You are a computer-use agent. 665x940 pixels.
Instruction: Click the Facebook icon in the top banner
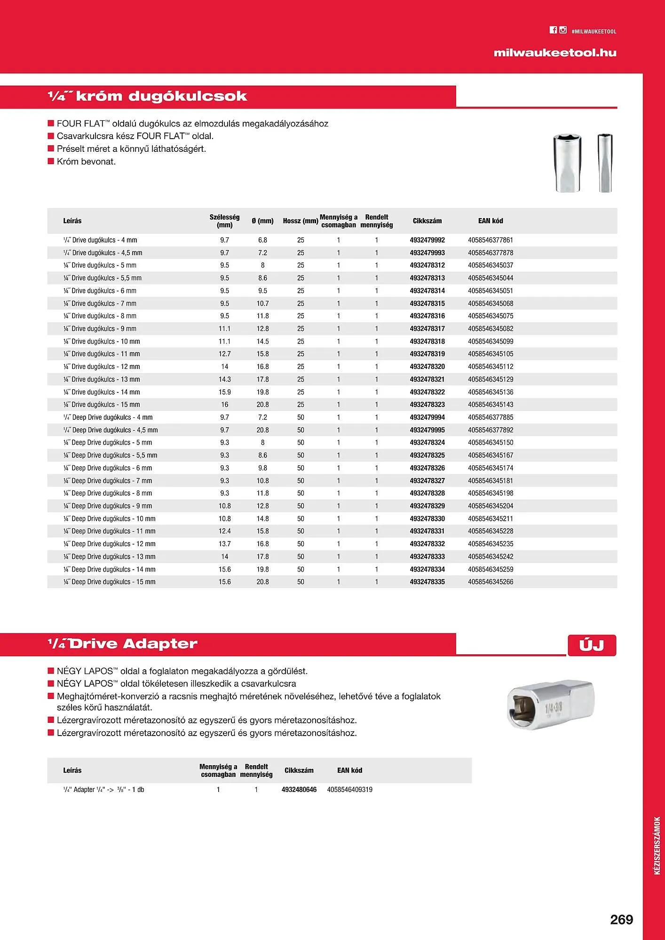click(x=553, y=30)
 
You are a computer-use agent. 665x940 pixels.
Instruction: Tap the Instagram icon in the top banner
click(x=563, y=30)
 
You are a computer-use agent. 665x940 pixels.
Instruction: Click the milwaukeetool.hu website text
click(x=555, y=53)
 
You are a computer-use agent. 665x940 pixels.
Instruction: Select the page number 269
click(x=621, y=920)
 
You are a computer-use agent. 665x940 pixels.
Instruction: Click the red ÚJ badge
click(x=592, y=645)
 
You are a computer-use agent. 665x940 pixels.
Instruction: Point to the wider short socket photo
click(x=568, y=163)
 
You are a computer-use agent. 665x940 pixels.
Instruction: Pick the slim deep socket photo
click(x=605, y=163)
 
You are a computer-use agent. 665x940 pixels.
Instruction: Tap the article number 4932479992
click(x=427, y=240)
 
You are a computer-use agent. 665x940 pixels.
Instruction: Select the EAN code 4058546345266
click(x=491, y=582)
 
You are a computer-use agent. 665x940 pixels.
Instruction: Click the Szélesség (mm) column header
click(x=224, y=221)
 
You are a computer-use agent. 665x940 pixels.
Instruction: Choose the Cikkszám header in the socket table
click(x=427, y=221)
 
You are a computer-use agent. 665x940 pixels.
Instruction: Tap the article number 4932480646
click(x=299, y=790)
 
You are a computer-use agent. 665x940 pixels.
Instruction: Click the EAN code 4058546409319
click(x=349, y=790)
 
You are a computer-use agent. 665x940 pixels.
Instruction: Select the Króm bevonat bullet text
click(x=86, y=162)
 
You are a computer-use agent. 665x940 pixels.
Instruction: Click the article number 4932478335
click(x=427, y=582)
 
